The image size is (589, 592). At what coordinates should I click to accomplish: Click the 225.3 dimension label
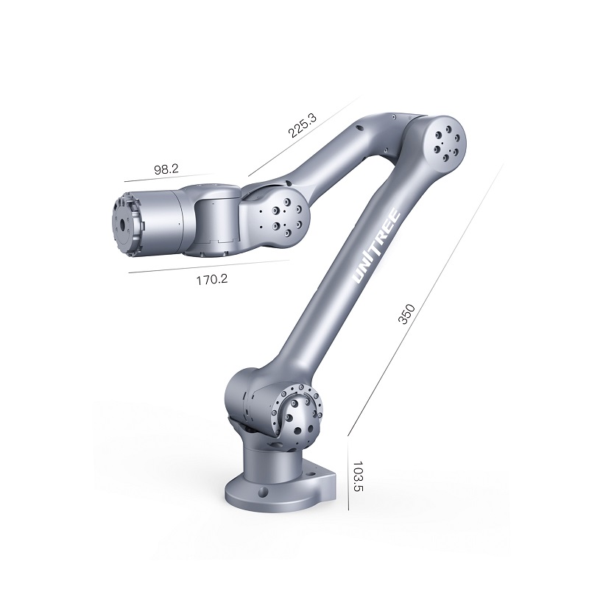click(x=302, y=124)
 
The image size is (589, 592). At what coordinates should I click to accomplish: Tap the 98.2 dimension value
click(x=166, y=169)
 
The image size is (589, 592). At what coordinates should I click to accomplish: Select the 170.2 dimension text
click(x=212, y=280)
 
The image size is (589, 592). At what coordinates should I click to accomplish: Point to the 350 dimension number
click(x=406, y=314)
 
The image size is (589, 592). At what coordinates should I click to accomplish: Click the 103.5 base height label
click(x=358, y=476)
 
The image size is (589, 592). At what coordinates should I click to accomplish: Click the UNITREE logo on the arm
click(x=376, y=245)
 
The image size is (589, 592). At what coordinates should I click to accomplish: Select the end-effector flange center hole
click(x=123, y=225)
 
